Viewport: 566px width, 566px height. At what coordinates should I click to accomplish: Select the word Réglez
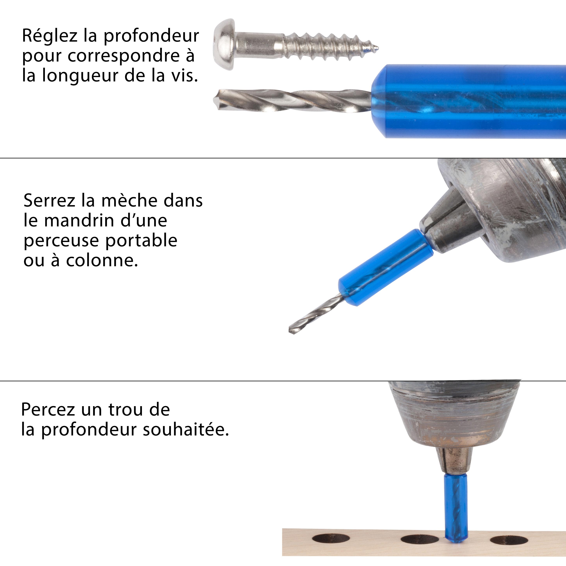coord(50,36)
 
